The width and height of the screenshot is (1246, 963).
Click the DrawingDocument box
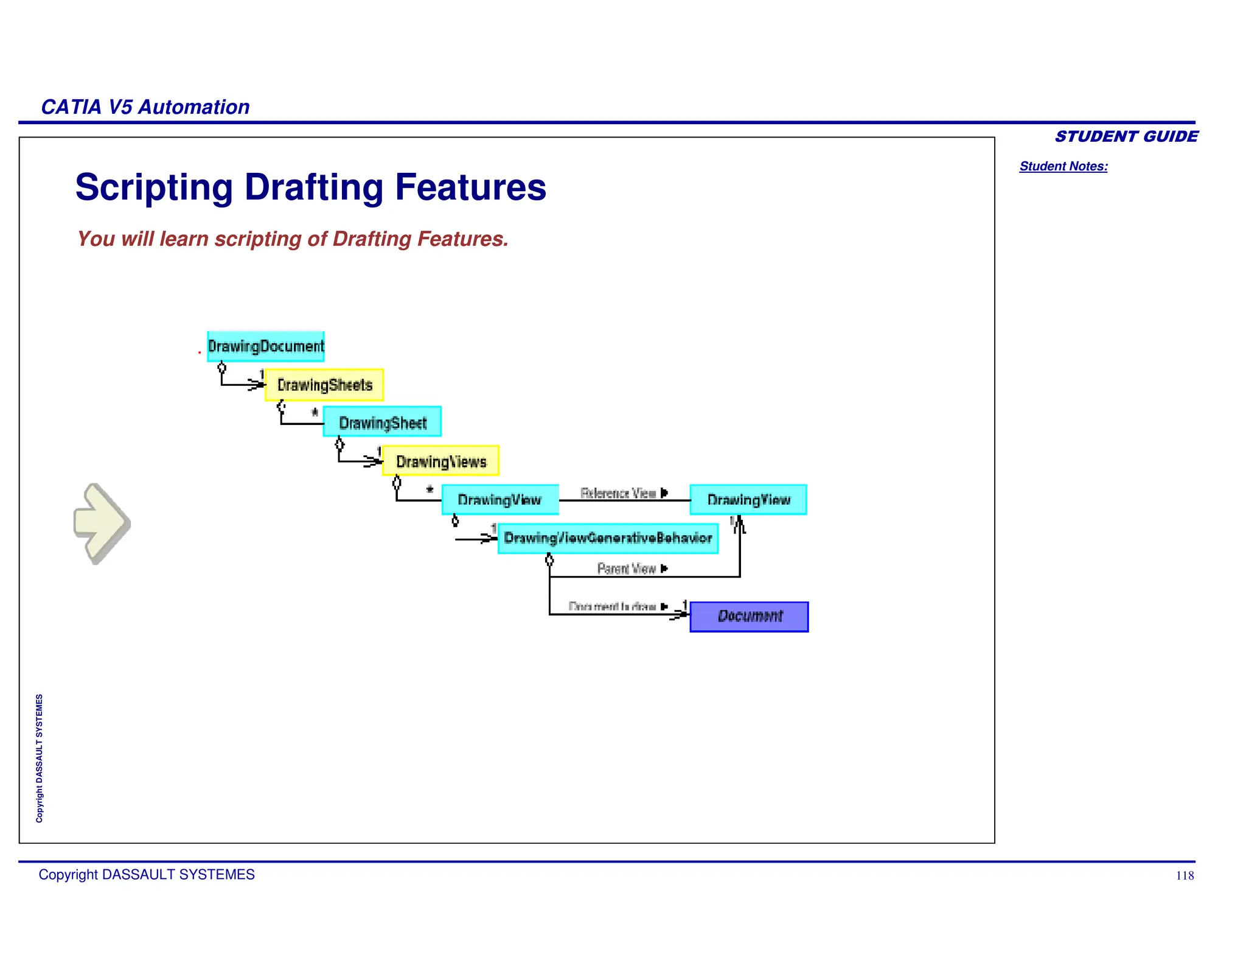265,346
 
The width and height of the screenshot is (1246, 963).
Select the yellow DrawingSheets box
324,385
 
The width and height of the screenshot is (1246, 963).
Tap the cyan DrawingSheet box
382,422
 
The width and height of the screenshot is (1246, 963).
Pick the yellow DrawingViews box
440,461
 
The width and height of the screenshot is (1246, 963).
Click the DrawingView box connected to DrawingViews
499,500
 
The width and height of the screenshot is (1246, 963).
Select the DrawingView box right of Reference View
748,500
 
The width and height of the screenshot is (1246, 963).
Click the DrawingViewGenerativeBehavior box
608,538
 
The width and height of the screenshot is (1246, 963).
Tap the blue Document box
749,617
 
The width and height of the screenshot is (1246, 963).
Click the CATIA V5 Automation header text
145,107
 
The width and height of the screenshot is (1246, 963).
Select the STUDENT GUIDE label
1126,136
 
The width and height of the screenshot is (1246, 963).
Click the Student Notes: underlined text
1063,166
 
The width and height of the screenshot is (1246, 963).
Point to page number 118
1184,875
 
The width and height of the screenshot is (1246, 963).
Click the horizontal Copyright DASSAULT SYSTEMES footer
147,875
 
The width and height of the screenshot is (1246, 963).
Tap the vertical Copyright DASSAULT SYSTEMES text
40,758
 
